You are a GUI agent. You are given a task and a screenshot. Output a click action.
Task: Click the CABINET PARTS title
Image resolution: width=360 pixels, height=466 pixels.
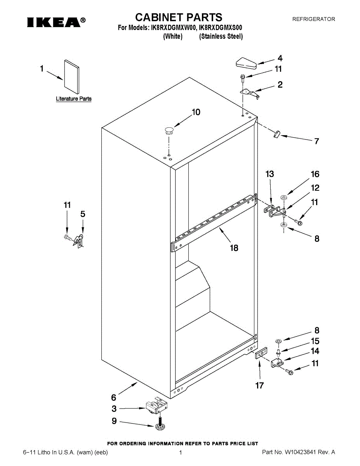pyautogui.click(x=179, y=17)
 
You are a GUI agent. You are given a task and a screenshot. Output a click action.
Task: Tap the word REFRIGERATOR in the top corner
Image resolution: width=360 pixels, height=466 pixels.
pyautogui.click(x=313, y=19)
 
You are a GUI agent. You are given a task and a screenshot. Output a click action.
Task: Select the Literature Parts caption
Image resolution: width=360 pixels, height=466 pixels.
pyautogui.click(x=74, y=99)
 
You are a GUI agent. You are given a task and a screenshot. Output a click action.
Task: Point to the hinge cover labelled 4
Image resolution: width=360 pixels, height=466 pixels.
pyautogui.click(x=243, y=63)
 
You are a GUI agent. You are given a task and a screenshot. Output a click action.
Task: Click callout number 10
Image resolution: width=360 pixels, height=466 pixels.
pyautogui.click(x=196, y=112)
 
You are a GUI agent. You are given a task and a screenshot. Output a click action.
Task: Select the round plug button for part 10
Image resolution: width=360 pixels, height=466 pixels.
pyautogui.click(x=169, y=130)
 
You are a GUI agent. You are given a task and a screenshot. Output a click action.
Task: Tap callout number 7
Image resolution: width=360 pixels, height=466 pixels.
pyautogui.click(x=317, y=141)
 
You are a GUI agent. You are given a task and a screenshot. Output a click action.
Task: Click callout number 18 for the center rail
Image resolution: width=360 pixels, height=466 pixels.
pyautogui.click(x=234, y=247)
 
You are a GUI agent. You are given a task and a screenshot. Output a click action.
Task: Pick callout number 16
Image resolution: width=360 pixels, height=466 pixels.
pyautogui.click(x=315, y=174)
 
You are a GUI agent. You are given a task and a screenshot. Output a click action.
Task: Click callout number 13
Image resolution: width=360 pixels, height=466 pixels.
pyautogui.click(x=270, y=174)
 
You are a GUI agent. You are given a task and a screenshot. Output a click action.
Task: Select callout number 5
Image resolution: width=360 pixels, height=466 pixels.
pyautogui.click(x=83, y=214)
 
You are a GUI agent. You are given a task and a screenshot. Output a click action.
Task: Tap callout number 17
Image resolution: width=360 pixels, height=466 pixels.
pyautogui.click(x=259, y=385)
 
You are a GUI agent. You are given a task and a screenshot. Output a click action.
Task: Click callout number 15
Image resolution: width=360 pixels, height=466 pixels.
pyautogui.click(x=315, y=341)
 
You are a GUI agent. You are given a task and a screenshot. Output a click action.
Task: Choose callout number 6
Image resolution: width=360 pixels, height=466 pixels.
pyautogui.click(x=114, y=397)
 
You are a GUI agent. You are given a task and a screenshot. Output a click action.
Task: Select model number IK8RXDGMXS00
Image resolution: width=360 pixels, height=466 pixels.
pyautogui.click(x=221, y=28)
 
